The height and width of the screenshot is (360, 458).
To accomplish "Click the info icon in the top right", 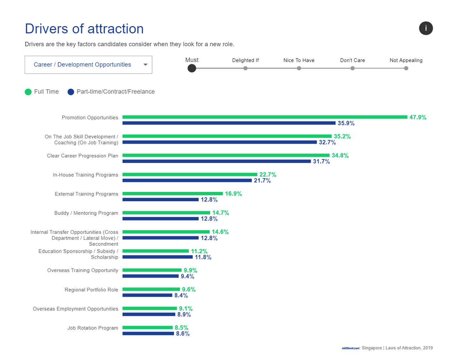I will [x=426, y=28].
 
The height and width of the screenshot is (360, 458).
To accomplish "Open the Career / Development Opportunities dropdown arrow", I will [x=145, y=65].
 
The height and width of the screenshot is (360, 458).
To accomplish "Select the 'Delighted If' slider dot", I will [x=245, y=68].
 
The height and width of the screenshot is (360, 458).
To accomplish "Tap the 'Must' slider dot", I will [x=192, y=68].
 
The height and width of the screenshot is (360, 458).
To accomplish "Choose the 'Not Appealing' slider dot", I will [x=406, y=68].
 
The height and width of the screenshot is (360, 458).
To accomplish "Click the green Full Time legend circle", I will [x=28, y=92].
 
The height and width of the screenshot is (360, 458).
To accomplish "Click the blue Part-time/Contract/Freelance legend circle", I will [x=71, y=92].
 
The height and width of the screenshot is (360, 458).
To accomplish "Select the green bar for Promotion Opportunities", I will [x=265, y=117].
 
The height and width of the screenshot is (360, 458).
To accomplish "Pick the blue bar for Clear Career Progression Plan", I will [x=216, y=162].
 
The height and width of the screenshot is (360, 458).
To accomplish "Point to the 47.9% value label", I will [x=418, y=117].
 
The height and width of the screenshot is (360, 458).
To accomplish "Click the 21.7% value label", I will [x=262, y=181].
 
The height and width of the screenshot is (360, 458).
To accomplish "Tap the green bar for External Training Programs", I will [x=172, y=194].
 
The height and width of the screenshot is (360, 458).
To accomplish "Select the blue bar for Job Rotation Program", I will [x=148, y=334].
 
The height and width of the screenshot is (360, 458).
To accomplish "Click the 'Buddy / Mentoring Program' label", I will [x=86, y=213].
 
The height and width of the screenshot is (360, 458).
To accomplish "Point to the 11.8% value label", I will [x=203, y=257].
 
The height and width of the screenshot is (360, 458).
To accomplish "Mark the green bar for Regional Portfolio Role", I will [x=151, y=289].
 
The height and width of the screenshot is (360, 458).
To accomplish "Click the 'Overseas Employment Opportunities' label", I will [x=75, y=309].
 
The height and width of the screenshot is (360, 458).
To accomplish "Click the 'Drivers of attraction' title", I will [x=84, y=29].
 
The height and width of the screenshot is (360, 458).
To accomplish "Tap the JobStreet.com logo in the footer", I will [x=351, y=348].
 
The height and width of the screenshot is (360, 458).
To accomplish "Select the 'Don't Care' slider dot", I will [x=352, y=68].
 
